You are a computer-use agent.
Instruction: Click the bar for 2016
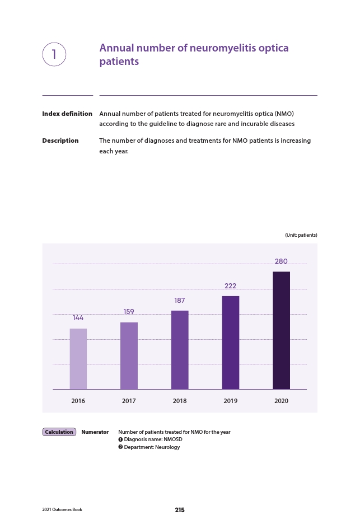(78, 359)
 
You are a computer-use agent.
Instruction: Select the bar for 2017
(129, 355)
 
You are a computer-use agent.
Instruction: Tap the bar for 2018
(180, 350)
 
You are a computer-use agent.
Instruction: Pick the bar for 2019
(231, 343)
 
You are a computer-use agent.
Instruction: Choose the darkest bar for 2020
(282, 330)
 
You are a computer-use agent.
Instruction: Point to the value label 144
(78, 318)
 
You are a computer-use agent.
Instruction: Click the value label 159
(129, 312)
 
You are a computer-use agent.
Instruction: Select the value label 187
(180, 300)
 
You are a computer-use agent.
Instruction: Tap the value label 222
(231, 285)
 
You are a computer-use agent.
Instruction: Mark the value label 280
(281, 261)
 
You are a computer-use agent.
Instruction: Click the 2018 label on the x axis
(180, 401)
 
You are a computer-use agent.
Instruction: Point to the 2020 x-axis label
(282, 401)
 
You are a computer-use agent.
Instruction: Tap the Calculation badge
(59, 432)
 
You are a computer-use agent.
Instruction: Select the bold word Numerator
(95, 432)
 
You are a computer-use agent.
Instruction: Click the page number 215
(180, 510)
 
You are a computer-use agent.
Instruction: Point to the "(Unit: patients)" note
(301, 235)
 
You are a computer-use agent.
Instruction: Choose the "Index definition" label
(67, 114)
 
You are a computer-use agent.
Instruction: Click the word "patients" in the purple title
(119, 62)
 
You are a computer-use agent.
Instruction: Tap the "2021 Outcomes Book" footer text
(62, 509)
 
